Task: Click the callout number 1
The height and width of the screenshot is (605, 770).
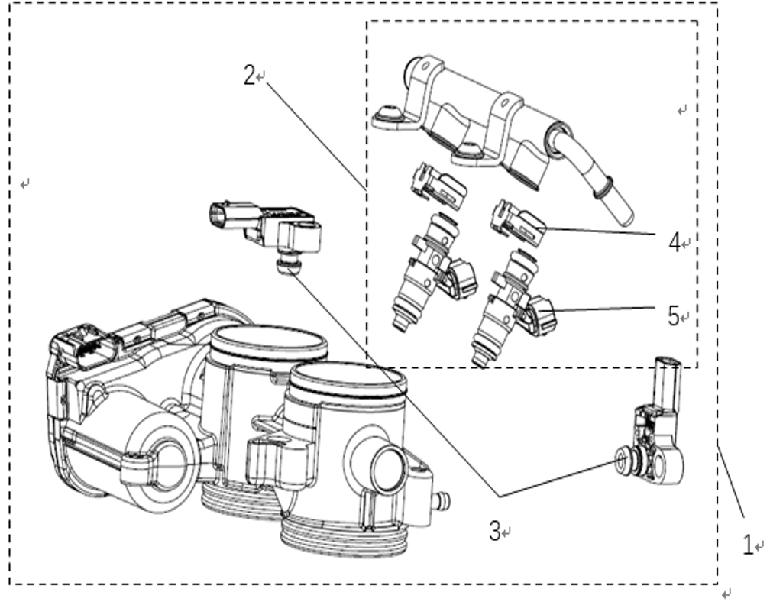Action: tap(747, 545)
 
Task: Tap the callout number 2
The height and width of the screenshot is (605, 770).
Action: tap(250, 76)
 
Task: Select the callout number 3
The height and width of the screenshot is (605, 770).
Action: tap(494, 531)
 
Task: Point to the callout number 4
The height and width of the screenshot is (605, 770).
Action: tap(675, 242)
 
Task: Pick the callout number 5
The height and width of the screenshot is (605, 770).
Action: tap(673, 315)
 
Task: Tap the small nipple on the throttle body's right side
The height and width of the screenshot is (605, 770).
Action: tap(442, 501)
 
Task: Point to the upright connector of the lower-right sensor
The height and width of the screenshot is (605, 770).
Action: tap(668, 382)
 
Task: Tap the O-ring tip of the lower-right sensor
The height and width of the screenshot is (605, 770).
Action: tap(621, 461)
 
